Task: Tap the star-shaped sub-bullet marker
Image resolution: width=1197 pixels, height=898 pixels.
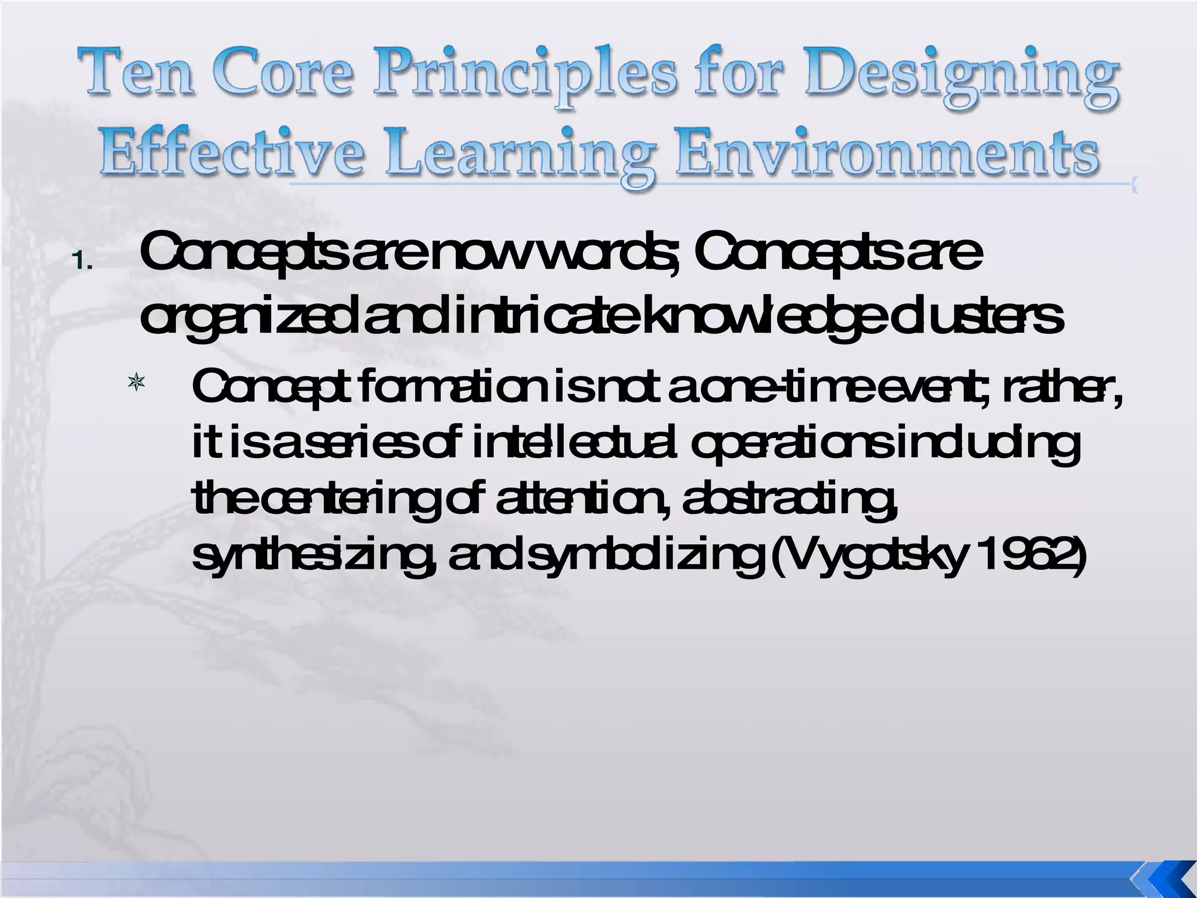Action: [136, 384]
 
